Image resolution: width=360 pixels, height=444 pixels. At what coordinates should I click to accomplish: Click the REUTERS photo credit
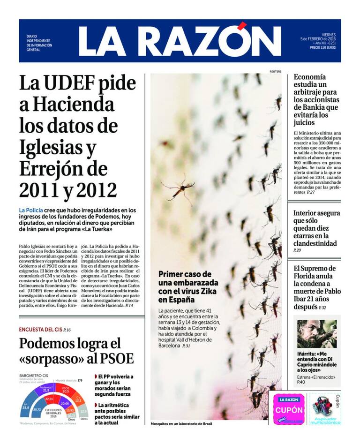click(x=275, y=72)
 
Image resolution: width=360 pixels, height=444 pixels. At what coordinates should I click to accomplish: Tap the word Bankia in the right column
click(x=308, y=106)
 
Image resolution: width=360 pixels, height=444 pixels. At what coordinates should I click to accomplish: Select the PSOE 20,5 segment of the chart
click(x=66, y=390)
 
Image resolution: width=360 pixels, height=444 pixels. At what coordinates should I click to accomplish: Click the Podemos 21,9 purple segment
click(x=45, y=390)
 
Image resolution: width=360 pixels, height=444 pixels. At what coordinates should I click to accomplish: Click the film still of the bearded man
click(x=316, y=333)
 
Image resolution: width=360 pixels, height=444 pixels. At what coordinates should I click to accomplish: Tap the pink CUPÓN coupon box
click(x=289, y=409)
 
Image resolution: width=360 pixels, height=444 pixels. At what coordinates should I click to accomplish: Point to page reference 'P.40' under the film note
click(x=301, y=383)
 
